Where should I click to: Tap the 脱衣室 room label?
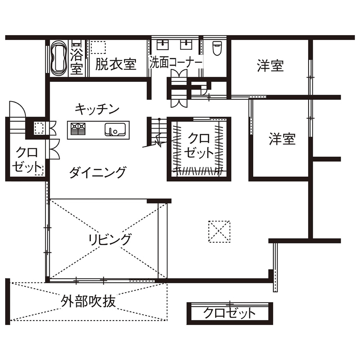pyautogui.click(x=116, y=65)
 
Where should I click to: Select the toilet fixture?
pyautogui.click(x=216, y=48)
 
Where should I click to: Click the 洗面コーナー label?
pyautogui.click(x=176, y=63)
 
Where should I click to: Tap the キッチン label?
pyautogui.click(x=96, y=109)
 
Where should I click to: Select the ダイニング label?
pyautogui.click(x=98, y=173)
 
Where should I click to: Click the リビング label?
pyautogui.click(x=110, y=240)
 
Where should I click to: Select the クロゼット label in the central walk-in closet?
pyautogui.click(x=199, y=145)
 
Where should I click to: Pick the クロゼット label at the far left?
pyautogui.click(x=25, y=159)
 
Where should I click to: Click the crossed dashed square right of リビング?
pyautogui.click(x=219, y=231)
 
